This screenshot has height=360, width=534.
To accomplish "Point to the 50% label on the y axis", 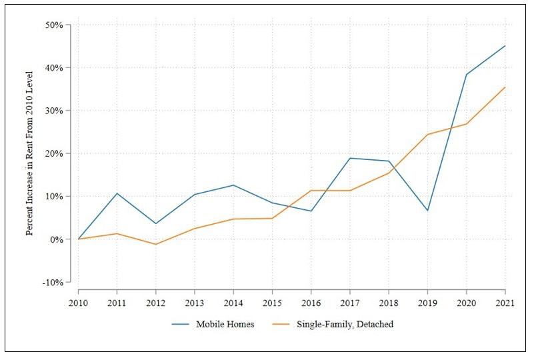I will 53,25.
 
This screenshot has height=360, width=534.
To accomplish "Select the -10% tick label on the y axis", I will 52,282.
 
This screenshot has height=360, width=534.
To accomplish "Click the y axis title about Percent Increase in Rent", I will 30,153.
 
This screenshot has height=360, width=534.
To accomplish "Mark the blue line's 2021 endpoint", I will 505,46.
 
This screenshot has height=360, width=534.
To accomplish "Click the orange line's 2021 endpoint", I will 505,87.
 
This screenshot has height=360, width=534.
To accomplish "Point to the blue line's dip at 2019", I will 427,211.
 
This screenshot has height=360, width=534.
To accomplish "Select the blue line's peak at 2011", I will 117,193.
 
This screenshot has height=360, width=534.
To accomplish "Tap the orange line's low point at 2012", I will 155,244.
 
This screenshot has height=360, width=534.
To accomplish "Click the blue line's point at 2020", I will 466,75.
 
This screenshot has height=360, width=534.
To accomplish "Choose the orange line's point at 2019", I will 427,135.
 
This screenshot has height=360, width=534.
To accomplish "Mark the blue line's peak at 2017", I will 349,158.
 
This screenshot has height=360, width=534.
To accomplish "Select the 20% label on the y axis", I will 53,153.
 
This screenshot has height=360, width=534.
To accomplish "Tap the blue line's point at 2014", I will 233,185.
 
